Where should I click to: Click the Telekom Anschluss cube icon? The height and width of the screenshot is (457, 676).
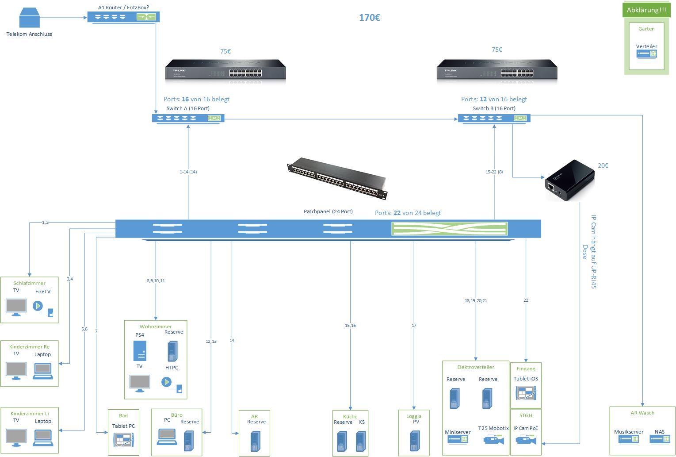pos(29,19)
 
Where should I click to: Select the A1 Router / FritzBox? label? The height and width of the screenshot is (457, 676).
pos(123,8)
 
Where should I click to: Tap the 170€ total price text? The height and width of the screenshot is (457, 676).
pos(370,18)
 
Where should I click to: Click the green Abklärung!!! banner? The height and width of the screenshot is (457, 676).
pos(646,10)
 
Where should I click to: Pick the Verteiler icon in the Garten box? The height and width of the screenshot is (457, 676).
pos(646,54)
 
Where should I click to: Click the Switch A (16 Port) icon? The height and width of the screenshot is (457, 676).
pos(188,118)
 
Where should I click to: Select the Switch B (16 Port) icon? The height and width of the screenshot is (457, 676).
pos(494,118)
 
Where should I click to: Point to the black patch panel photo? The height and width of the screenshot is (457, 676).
pos(337,177)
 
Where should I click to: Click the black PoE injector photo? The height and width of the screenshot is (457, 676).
pos(569,180)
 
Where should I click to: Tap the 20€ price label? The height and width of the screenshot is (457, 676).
pos(603,165)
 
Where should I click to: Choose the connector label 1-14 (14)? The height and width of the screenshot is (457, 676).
pos(188,172)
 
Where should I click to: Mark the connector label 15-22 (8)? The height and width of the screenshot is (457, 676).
pos(494,172)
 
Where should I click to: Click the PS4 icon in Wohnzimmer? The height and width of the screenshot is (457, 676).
pos(140,351)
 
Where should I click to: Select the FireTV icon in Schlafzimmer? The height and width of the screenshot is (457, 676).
pos(38,306)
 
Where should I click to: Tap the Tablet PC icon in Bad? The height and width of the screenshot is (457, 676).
pos(123,441)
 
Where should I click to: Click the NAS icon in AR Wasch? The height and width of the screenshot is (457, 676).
pos(660,438)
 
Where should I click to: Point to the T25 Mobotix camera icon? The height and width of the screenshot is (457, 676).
pos(493,439)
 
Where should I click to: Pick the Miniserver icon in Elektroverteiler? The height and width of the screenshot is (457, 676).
pos(458,439)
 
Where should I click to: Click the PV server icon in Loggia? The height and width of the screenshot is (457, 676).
pos(414,441)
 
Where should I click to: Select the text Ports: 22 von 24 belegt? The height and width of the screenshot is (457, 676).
pos(408,213)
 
